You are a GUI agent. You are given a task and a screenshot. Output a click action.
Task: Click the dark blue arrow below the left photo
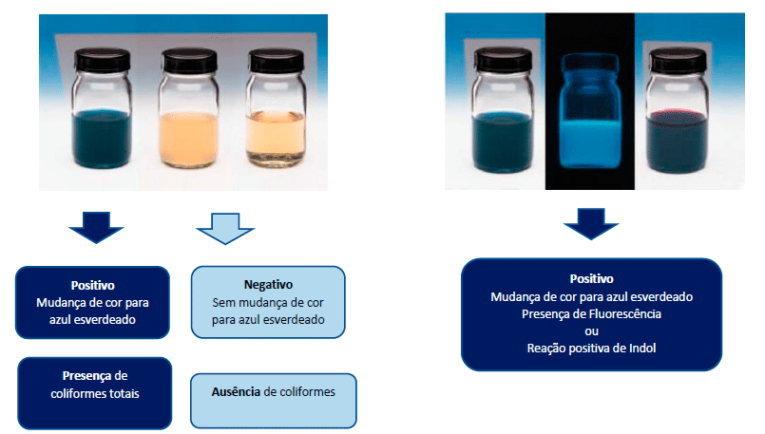pos(96,227)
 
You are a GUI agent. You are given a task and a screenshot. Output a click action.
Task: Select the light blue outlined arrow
pos(225,229)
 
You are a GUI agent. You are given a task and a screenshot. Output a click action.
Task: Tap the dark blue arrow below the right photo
pos(591,224)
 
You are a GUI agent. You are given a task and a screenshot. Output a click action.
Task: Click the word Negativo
pos(268,285)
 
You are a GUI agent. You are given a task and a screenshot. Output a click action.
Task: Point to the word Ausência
pos(236,391)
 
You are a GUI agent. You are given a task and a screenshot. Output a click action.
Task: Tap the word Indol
pos(642,349)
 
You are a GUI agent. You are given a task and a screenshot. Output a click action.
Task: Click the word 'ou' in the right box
pos(591,331)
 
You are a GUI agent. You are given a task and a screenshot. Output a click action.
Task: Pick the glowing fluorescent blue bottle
pos(590,112)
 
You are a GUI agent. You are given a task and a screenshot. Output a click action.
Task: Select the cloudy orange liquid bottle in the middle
pos(189,109)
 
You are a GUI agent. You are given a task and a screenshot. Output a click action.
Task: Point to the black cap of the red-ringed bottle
pos(679,60)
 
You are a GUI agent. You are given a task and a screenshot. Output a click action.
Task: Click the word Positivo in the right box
pos(591,279)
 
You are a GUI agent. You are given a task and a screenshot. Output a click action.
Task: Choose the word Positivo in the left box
pos(93,285)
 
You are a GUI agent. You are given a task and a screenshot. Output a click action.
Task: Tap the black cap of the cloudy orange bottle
pos(189,61)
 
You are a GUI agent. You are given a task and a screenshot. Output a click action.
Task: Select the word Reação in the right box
pos(543,349)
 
